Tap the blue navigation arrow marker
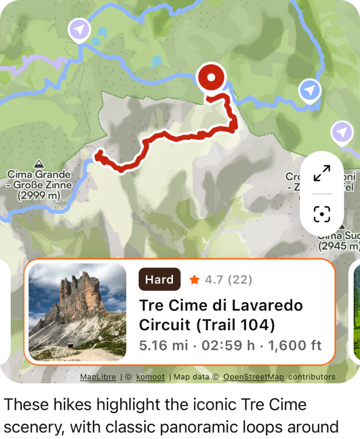[309, 90]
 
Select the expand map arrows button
[322, 173]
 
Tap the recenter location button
[322, 214]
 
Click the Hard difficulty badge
[159, 279]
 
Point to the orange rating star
[194, 280]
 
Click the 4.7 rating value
[214, 280]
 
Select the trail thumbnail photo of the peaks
[78, 312]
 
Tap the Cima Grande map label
[39, 175]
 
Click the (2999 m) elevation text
[39, 196]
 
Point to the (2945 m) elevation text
[339, 246]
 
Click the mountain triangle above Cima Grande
[38, 164]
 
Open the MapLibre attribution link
[98, 377]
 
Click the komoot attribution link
[150, 377]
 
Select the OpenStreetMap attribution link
[253, 377]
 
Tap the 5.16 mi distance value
[163, 345]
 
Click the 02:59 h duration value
[228, 345]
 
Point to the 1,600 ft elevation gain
[295, 345]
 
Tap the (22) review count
[240, 280]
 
